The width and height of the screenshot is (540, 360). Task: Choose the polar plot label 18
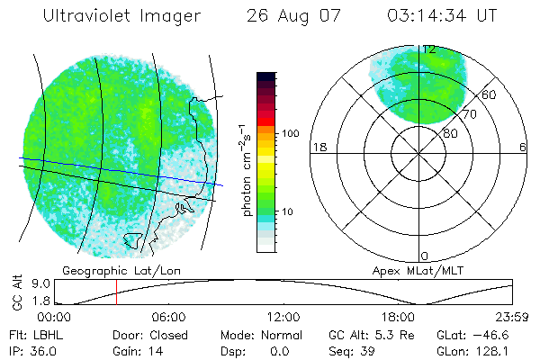coord(318,147)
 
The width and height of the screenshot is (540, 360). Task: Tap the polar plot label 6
coord(524,147)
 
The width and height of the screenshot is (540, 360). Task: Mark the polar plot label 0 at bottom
coord(425,256)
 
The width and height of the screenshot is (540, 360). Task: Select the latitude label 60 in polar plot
coord(490,94)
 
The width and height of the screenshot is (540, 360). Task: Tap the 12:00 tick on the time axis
coord(283,317)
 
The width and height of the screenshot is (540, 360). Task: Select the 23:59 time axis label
coord(511,317)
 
